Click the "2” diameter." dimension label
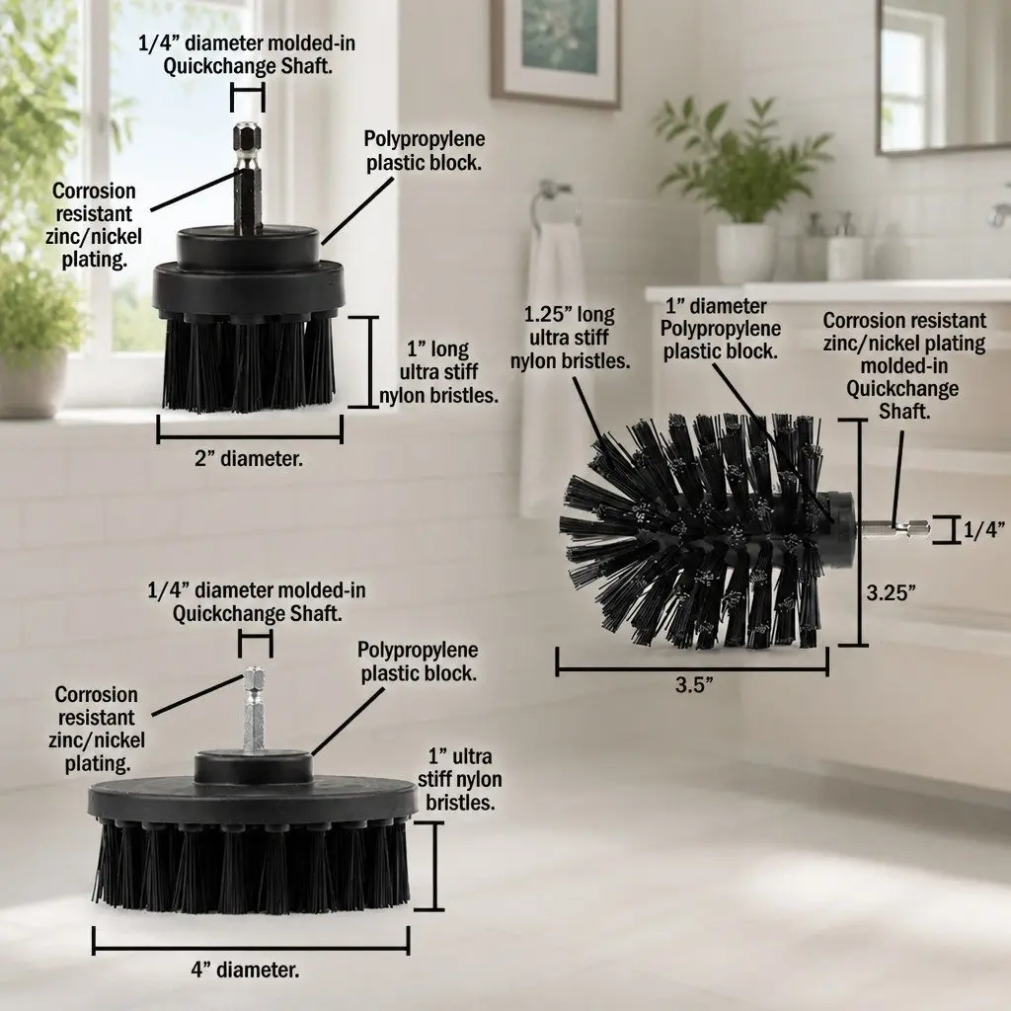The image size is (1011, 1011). point(248,459)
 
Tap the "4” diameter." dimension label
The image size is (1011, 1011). point(245,970)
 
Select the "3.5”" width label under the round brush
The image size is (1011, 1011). point(694,685)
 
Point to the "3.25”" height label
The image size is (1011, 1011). point(892,592)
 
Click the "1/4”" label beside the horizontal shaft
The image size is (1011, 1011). point(984,530)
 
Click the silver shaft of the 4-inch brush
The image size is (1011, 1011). point(254,709)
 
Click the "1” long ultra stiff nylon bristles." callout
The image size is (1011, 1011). point(438,372)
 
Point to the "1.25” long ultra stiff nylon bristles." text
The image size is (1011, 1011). point(570,338)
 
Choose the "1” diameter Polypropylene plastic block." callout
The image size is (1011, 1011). point(720,328)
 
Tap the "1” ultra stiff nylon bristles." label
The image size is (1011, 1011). point(460,779)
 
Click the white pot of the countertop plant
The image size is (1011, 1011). point(745,254)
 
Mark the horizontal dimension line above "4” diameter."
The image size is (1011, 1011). point(251,949)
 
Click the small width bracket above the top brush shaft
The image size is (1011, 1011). point(248,99)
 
